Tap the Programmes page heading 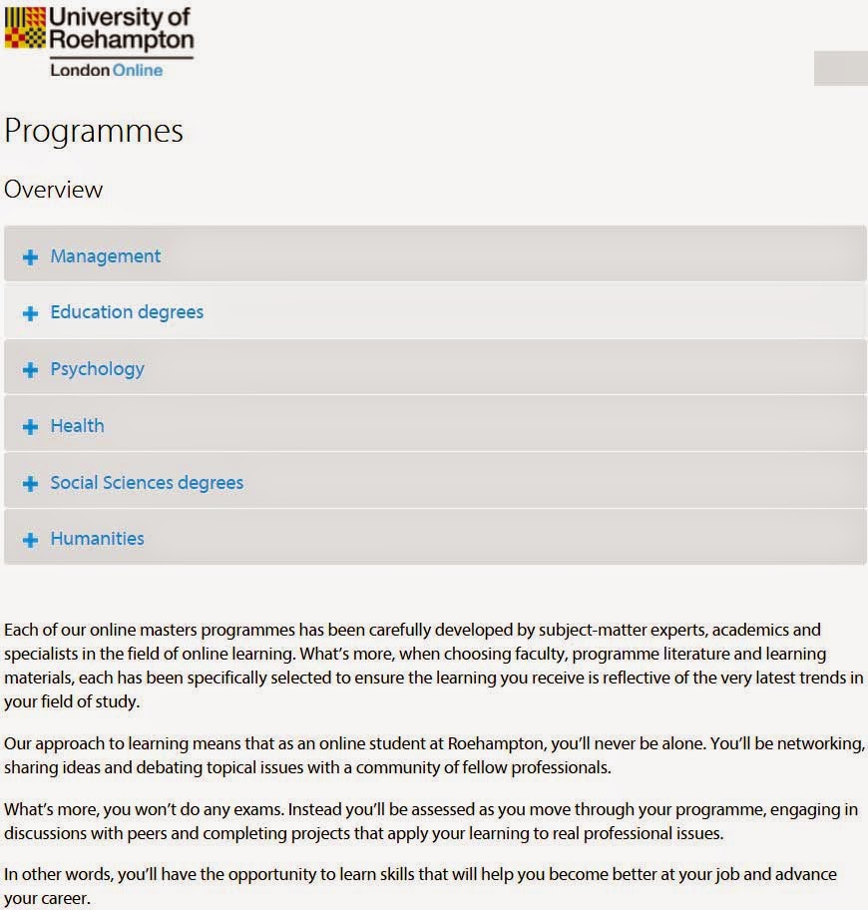click(x=94, y=132)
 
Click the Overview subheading click(x=54, y=190)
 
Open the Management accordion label click(x=105, y=256)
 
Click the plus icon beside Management click(x=30, y=257)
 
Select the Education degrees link click(x=127, y=312)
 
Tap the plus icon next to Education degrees click(x=30, y=314)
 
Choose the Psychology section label click(x=97, y=369)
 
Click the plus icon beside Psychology click(x=30, y=370)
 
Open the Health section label click(x=77, y=426)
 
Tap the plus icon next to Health click(x=30, y=427)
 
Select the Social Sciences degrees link click(x=147, y=483)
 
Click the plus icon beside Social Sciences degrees click(x=30, y=484)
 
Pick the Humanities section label click(x=97, y=539)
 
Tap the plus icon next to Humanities click(x=30, y=540)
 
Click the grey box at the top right click(x=840, y=68)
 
